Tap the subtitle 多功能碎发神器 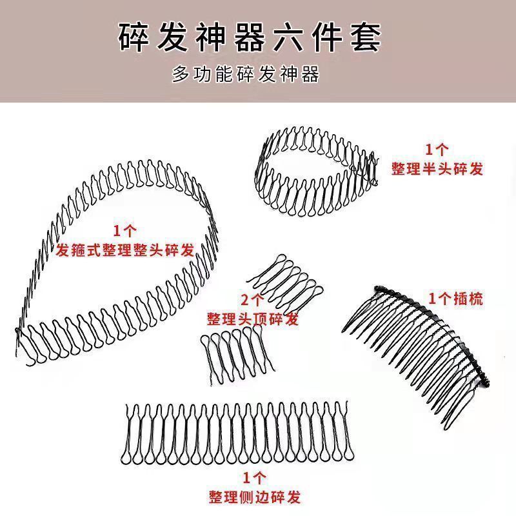pyautogui.click(x=246, y=75)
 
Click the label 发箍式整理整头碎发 pyautogui.click(x=125, y=250)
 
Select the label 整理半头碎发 pyautogui.click(x=437, y=169)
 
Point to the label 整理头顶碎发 pyautogui.click(x=253, y=319)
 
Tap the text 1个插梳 pyautogui.click(x=456, y=299)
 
